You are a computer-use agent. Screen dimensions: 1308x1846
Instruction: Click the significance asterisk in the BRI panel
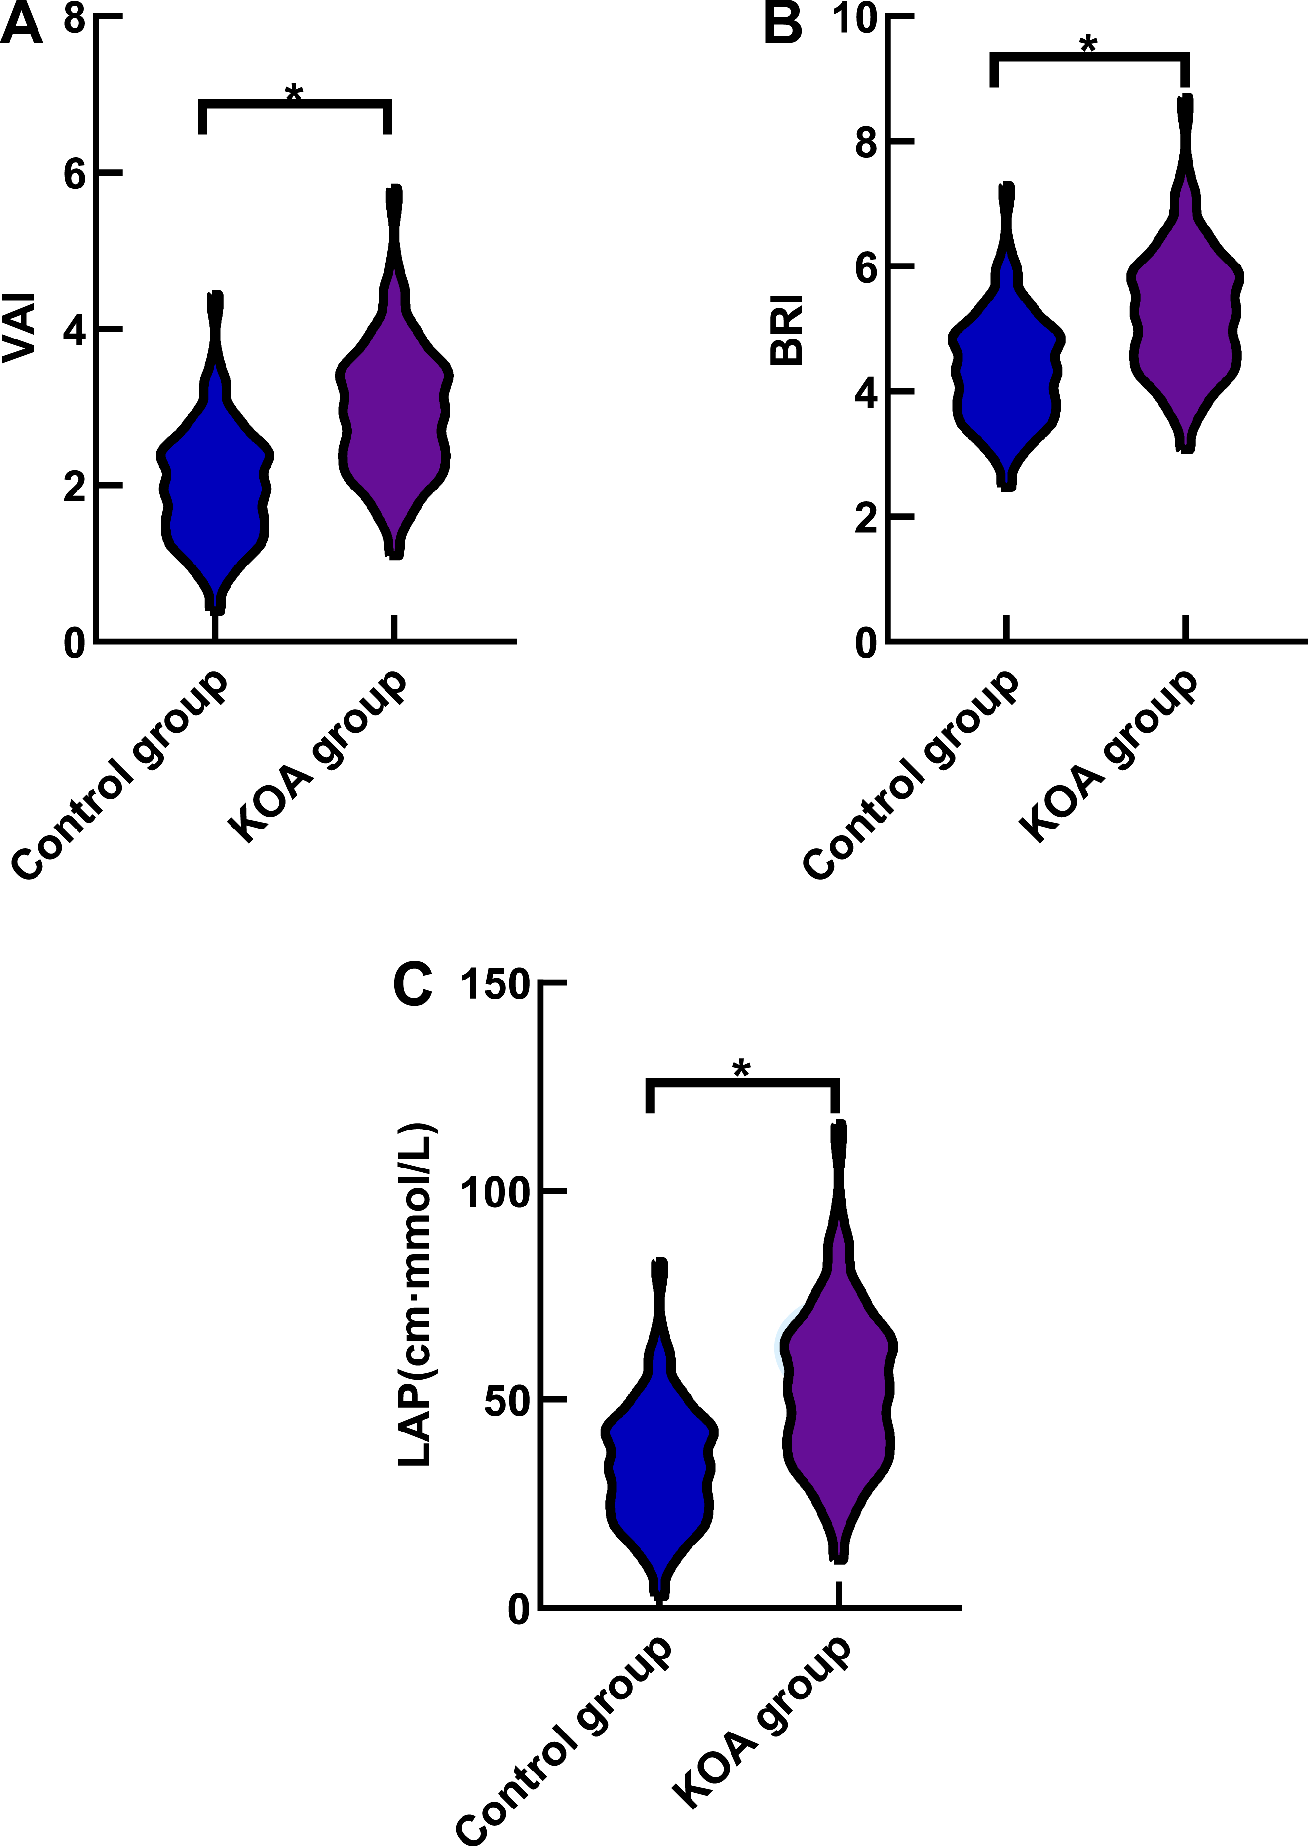click(1088, 45)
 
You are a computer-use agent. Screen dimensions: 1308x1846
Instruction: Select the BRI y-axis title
click(787, 332)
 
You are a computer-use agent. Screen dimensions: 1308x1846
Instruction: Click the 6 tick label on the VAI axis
click(74, 173)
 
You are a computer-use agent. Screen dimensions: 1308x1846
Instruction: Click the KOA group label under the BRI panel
click(1108, 757)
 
